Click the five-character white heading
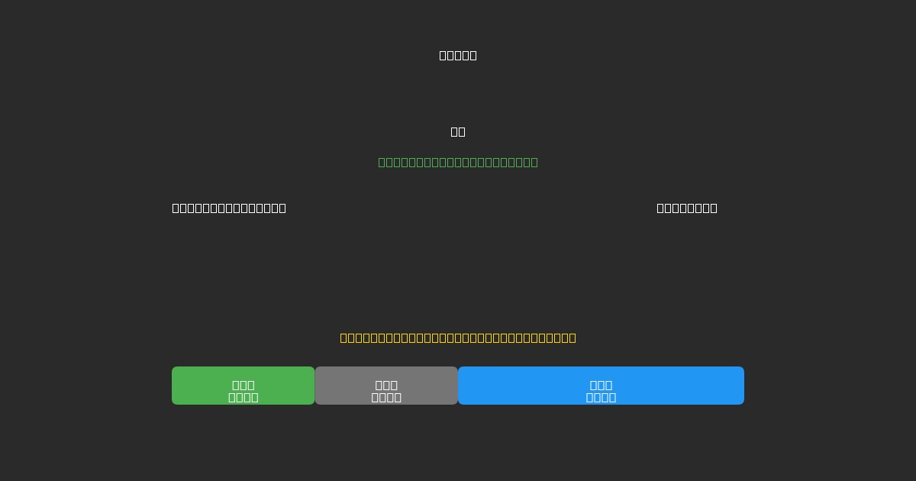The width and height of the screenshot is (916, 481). [458, 55]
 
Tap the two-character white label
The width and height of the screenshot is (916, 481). [458, 131]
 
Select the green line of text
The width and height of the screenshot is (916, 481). [458, 162]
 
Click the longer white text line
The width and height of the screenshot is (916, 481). [229, 208]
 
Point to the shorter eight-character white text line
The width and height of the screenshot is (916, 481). [687, 208]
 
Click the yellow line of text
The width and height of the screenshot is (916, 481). [458, 337]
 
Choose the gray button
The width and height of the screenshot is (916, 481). [386, 386]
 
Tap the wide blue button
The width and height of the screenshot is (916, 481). [601, 386]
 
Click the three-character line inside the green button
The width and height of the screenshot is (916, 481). [244, 385]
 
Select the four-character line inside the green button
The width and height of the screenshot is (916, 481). [244, 397]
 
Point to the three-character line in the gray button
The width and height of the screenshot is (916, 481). [386, 385]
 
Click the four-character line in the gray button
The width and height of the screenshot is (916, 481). [386, 397]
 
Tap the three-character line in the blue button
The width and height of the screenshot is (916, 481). [601, 385]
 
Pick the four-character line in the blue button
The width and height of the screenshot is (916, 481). [601, 397]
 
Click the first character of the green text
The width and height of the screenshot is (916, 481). [382, 162]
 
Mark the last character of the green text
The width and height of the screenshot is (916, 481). [534, 162]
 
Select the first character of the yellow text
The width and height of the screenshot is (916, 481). [343, 337]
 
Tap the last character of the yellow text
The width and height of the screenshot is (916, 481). [572, 337]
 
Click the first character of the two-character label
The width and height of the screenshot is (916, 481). [454, 131]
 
